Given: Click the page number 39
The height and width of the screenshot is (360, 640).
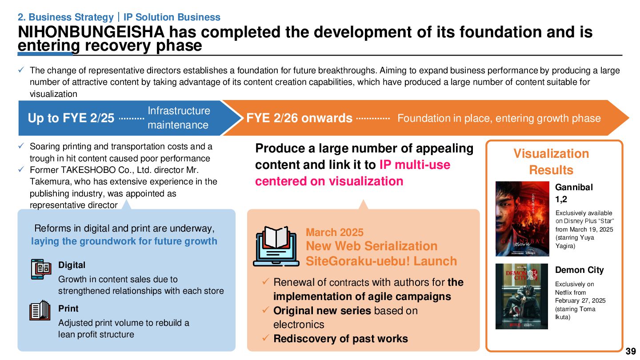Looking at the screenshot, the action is tap(630, 352).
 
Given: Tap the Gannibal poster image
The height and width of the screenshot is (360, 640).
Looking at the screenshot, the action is tap(522, 219).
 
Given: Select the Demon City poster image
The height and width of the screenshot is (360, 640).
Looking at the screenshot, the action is tap(521, 296).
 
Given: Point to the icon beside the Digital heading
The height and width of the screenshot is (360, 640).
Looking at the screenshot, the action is tap(41, 269).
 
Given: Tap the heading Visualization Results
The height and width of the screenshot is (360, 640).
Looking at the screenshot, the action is tap(551, 162).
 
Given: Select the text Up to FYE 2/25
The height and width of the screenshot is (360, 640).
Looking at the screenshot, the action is tap(71, 118).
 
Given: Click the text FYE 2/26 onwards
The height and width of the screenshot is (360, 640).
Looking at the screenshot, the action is tap(299, 118).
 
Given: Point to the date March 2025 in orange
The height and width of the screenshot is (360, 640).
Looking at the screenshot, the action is tap(334, 232).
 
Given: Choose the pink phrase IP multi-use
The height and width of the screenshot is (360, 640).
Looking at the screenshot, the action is tap(415, 165).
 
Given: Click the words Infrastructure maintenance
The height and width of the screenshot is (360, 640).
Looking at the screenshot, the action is tap(178, 118).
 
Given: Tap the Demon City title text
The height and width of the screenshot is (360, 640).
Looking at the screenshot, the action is tap(579, 270).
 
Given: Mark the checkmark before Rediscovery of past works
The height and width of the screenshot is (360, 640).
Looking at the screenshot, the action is tap(265, 339).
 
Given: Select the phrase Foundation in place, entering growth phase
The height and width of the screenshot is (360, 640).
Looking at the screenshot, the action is tap(499, 118).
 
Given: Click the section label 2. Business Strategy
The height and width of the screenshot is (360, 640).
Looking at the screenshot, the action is tap(65, 17).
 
